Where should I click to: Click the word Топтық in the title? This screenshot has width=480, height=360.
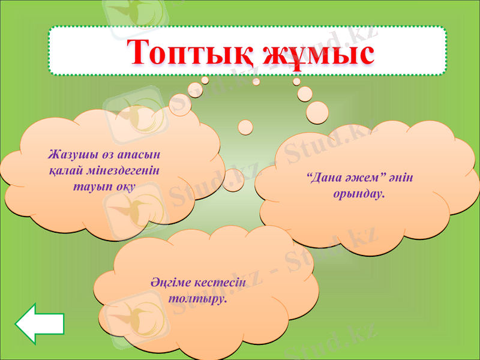[x=185, y=53]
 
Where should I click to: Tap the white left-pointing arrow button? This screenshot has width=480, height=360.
[x=40, y=324]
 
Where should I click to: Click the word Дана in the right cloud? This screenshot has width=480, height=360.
[x=324, y=179]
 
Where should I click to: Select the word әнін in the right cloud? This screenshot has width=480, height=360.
[x=401, y=179]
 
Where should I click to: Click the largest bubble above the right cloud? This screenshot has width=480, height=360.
[x=317, y=112]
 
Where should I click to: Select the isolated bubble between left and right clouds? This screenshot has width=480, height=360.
[x=245, y=127]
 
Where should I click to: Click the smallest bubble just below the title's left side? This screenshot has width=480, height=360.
[x=205, y=80]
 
